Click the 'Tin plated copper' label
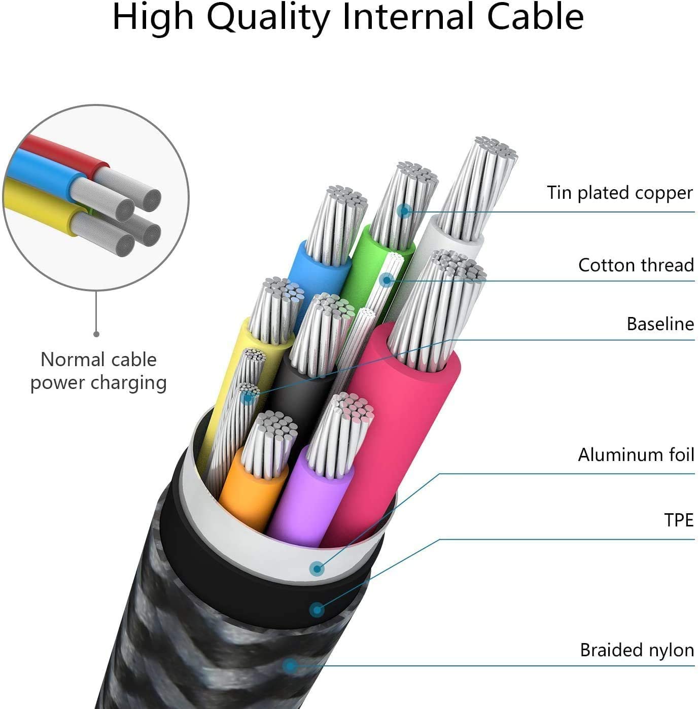pos(619,193)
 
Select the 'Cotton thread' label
pos(636,265)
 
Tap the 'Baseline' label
pos(660,324)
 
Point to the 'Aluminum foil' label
pos(636,454)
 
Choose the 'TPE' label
pos(678,520)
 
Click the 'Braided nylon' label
pos(637,650)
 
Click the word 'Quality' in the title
pos(269,17)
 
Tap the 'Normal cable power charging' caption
pos(98,371)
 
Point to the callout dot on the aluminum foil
pos(317,569)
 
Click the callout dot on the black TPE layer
pos(317,609)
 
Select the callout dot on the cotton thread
pos(387,279)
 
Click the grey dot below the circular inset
pos(96,334)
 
